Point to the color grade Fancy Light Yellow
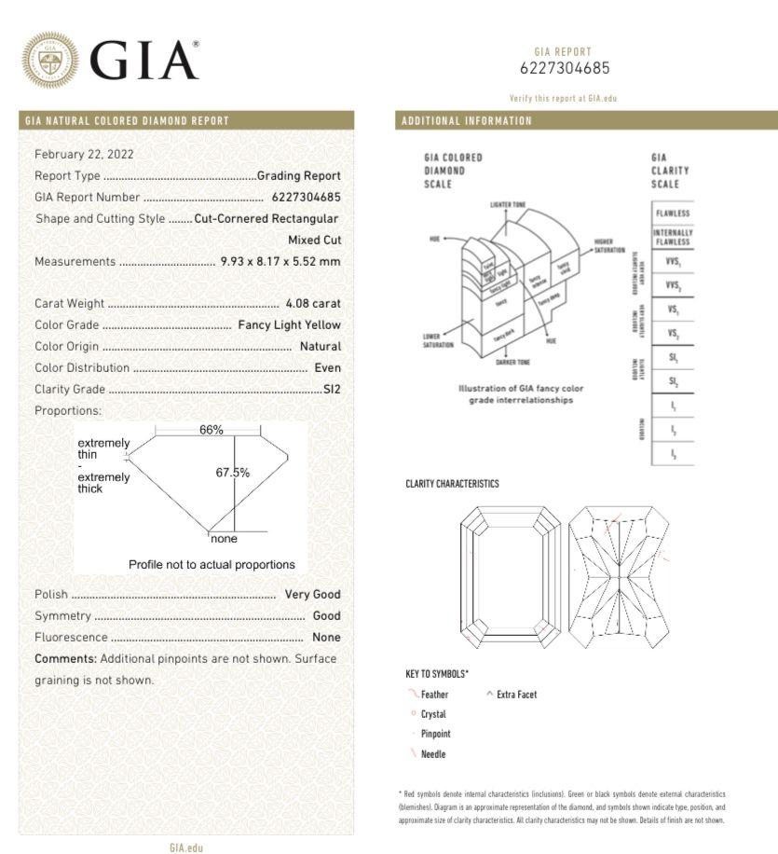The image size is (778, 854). pos(289,324)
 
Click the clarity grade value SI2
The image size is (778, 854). pos(332,389)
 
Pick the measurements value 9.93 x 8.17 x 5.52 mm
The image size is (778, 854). pos(280,261)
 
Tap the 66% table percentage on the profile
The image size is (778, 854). pos(212,430)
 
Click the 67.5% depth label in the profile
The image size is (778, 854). pos(233,473)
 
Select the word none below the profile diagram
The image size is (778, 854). pos(224,539)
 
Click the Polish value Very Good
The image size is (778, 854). pos(312,594)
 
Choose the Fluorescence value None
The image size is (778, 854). pos(326,637)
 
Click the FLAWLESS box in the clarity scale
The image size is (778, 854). pos(672,213)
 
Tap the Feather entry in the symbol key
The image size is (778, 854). pos(434,695)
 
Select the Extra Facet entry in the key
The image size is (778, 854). pos(516,695)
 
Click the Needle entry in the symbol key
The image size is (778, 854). pos(432,753)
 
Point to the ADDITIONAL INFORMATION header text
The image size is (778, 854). pos(466,120)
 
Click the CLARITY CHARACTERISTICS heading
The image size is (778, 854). pos(452,484)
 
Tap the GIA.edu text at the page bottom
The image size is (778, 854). pos(185,847)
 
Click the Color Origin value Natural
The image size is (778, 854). pos(320,346)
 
